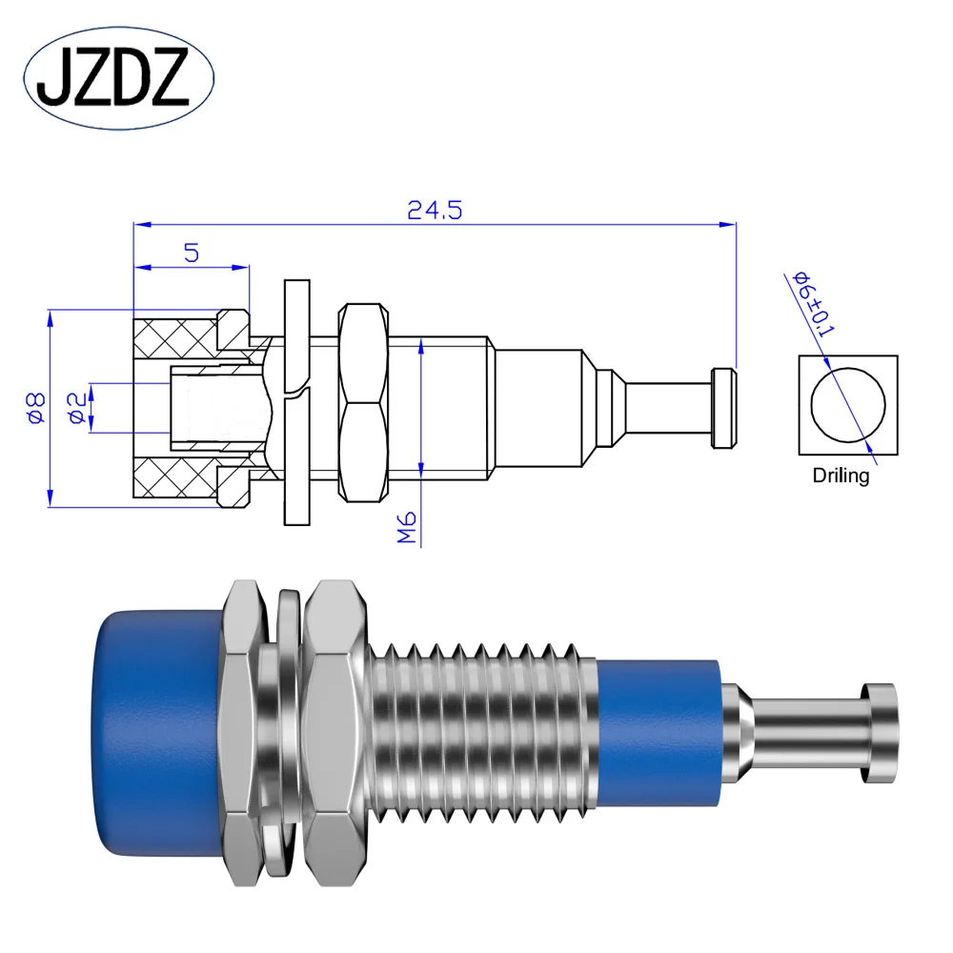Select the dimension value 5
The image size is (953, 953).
(x=191, y=253)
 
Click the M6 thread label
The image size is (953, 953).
(x=408, y=527)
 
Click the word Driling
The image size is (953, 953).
(x=841, y=475)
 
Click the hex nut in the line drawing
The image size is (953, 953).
(x=366, y=403)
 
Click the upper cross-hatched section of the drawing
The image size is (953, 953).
(x=174, y=335)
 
